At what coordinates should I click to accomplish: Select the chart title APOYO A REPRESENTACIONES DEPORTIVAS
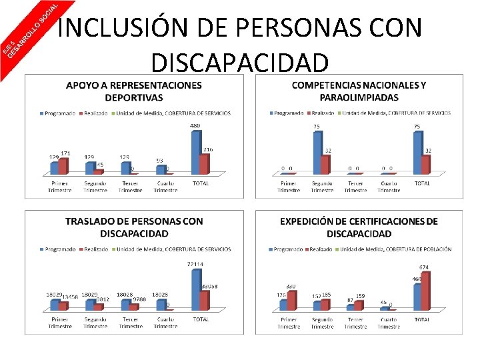pyautogui.click(x=133, y=91)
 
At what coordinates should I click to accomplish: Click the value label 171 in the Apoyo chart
pyautogui.click(x=65, y=153)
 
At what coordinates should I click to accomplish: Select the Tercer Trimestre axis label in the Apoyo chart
pyautogui.click(x=130, y=186)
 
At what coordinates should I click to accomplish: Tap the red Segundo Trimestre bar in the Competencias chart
pyautogui.click(x=325, y=164)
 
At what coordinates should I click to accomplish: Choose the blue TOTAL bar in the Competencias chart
pyautogui.click(x=417, y=152)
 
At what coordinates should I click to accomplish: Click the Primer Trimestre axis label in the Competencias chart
pyautogui.click(x=289, y=186)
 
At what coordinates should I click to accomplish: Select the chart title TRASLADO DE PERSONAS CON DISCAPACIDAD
pyautogui.click(x=133, y=227)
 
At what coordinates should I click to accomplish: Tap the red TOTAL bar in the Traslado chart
pyautogui.click(x=205, y=300)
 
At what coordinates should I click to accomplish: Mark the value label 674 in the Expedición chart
pyautogui.click(x=424, y=267)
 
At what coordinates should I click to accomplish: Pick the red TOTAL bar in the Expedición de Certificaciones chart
pyautogui.click(x=425, y=291)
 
